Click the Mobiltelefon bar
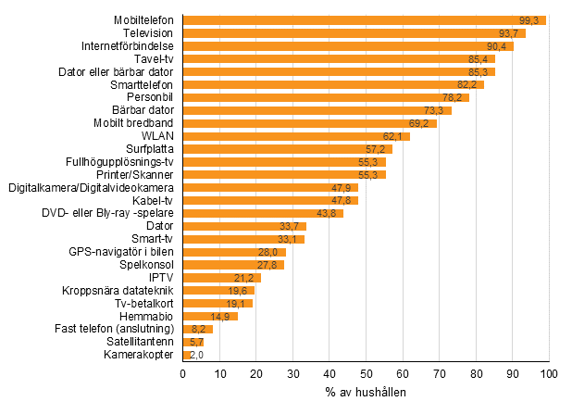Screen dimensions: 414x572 point(365,20)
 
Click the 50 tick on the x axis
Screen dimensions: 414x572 point(367,374)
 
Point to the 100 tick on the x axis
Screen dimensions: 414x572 point(549,374)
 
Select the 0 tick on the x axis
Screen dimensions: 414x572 point(183,374)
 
